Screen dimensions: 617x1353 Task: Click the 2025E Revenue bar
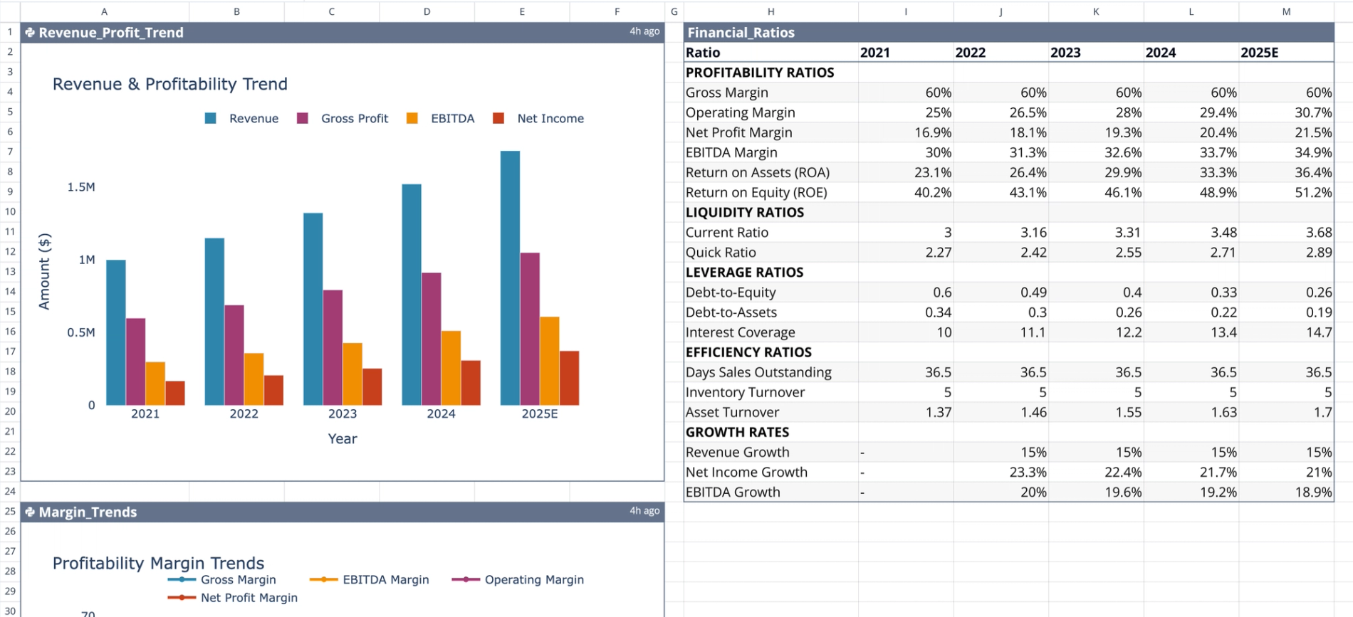[x=510, y=278]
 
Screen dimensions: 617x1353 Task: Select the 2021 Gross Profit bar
[x=136, y=362]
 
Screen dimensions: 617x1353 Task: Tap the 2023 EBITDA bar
[x=352, y=374]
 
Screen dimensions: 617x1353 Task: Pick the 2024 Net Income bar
[x=471, y=383]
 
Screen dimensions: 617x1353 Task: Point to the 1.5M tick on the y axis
[x=81, y=187]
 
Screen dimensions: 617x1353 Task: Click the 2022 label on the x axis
[x=244, y=414]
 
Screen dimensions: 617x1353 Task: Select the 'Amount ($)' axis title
[x=45, y=271]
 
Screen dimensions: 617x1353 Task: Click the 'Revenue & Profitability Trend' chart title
[x=170, y=84]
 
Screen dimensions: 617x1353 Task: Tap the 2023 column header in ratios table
[x=1065, y=53]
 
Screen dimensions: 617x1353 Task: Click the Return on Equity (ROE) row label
[x=756, y=193]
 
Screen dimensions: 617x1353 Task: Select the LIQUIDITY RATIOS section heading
[x=745, y=213]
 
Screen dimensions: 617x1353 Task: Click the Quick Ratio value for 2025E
[x=1318, y=253]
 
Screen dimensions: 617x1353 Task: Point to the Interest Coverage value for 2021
[x=944, y=332]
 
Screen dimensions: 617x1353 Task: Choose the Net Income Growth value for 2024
[x=1218, y=473]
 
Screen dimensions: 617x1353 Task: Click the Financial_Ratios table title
[x=741, y=33]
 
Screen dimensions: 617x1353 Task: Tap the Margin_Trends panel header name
[x=88, y=512]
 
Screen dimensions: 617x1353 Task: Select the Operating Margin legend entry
[x=533, y=580]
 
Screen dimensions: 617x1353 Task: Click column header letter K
[x=1096, y=11]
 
